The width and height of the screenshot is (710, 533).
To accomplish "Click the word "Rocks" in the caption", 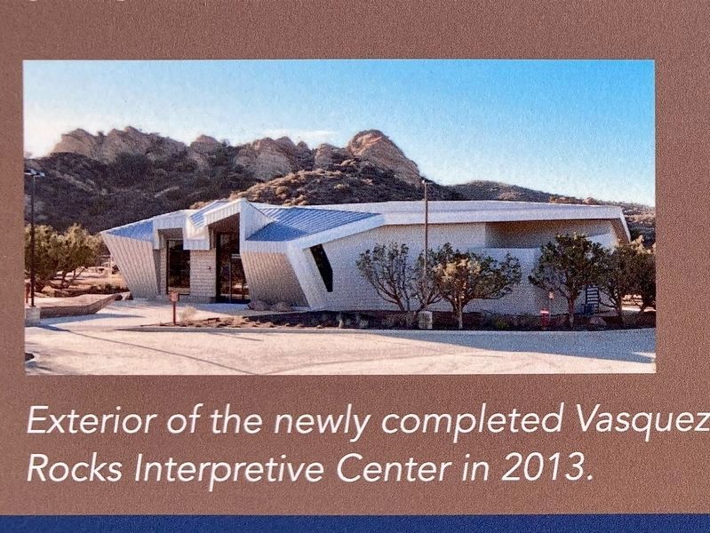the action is click(75, 469).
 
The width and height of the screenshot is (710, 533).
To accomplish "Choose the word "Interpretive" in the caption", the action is click(228, 470).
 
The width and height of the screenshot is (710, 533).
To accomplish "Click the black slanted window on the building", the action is click(322, 267).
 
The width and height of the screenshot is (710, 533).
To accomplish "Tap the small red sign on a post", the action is click(173, 297).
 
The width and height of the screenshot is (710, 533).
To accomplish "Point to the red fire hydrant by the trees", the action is click(544, 318).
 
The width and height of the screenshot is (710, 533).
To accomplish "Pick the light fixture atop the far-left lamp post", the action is click(34, 172).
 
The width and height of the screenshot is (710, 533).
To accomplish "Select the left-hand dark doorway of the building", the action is click(178, 266).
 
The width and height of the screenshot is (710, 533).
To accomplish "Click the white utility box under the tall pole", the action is click(425, 320).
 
